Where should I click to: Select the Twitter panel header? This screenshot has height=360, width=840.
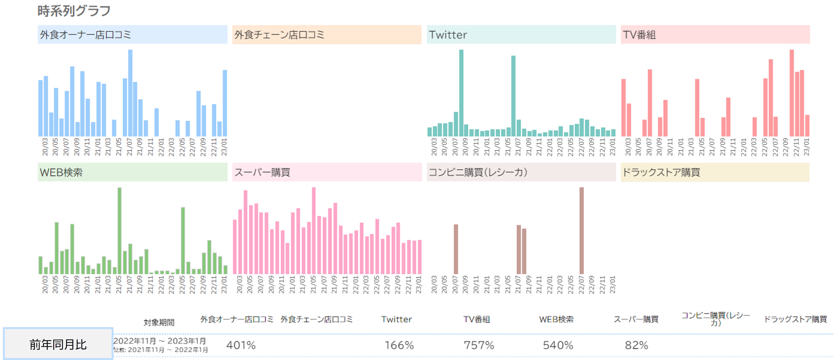(x=521, y=35)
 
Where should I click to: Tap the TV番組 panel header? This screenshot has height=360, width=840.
(x=715, y=35)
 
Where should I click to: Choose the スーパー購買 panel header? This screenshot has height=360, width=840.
(x=327, y=172)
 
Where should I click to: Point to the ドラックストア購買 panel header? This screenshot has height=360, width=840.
(x=715, y=172)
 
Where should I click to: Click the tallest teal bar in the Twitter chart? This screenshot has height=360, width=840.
(x=461, y=93)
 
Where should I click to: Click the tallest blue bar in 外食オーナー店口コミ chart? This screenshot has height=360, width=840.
(x=130, y=93)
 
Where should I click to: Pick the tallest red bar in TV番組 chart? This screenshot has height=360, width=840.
(x=791, y=93)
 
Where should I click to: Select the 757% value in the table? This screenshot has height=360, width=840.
(x=479, y=345)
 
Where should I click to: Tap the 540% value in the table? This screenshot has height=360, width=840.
(x=558, y=345)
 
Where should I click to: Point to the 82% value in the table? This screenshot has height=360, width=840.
(x=636, y=345)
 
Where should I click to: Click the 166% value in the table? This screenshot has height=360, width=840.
(x=399, y=345)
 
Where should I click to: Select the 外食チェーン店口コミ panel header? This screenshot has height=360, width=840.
(x=327, y=35)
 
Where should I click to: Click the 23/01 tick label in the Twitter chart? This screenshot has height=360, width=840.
(x=613, y=147)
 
